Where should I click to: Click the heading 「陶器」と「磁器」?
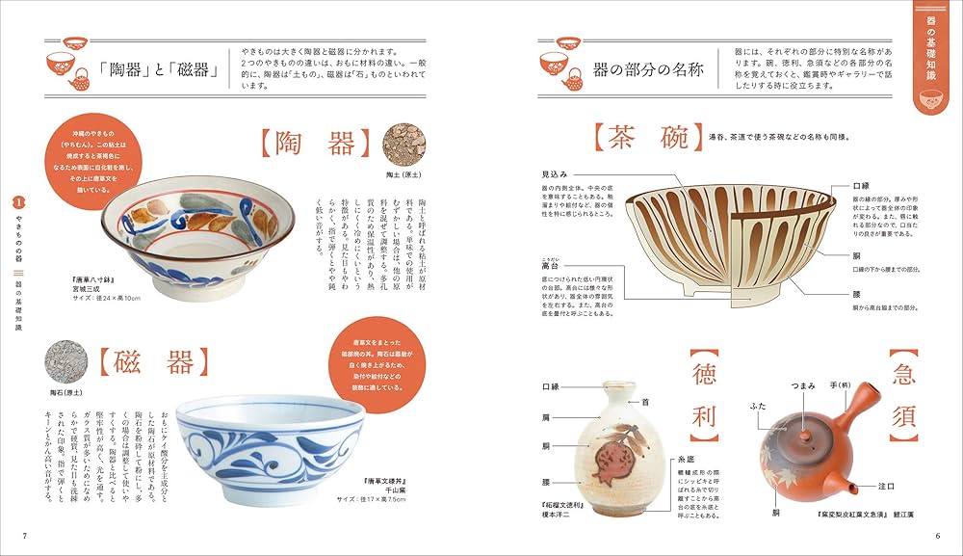pos(156,70)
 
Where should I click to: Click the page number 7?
pos(25,536)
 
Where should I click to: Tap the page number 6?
pos(936,536)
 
